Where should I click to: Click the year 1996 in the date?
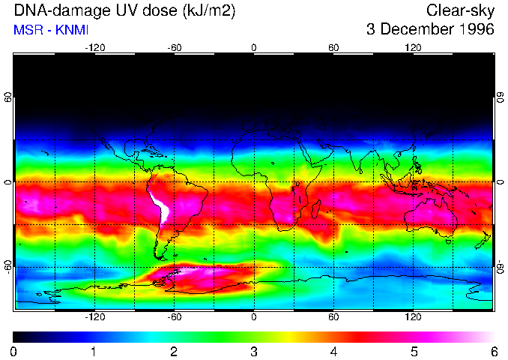[474, 30]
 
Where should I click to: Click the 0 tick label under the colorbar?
[14, 351]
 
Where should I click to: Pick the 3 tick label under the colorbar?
[254, 351]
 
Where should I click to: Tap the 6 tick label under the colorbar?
[494, 351]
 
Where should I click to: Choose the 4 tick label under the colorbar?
[334, 351]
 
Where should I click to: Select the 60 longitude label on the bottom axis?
[333, 316]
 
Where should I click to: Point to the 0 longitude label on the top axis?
[254, 47]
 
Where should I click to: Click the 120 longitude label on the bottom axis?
[414, 316]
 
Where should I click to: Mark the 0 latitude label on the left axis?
[8, 182]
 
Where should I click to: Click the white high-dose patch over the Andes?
[160, 209]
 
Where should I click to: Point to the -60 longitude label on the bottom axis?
[174, 316]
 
